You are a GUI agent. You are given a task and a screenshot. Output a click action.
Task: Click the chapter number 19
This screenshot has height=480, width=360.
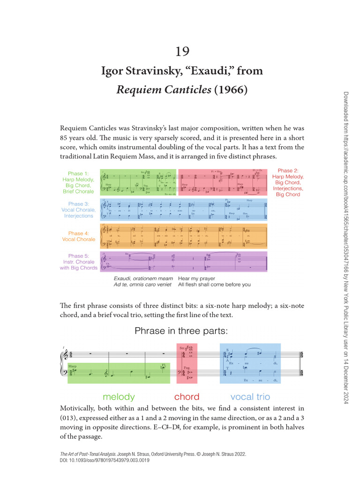pyautogui.click(x=182, y=51)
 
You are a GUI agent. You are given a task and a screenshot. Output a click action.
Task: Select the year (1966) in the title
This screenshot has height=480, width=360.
pyautogui.click(x=231, y=90)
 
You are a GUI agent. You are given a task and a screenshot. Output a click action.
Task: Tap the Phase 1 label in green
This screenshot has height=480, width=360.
pyautogui.click(x=78, y=182)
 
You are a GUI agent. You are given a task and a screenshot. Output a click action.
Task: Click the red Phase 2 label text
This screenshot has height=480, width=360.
pyautogui.click(x=288, y=182)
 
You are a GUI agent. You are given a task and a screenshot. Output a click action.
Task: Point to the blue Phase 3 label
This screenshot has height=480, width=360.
pyautogui.click(x=78, y=210)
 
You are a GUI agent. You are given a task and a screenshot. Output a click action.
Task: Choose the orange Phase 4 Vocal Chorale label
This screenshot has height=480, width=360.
pyautogui.click(x=78, y=236)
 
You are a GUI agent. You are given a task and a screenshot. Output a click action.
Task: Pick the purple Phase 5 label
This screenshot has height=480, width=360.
pyautogui.click(x=78, y=262)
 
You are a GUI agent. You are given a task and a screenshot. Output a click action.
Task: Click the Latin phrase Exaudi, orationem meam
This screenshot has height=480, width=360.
pyautogui.click(x=143, y=278)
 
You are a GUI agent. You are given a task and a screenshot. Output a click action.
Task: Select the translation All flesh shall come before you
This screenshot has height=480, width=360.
pyautogui.click(x=214, y=285)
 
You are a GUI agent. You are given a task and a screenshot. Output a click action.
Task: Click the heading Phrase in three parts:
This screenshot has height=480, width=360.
pyautogui.click(x=181, y=331)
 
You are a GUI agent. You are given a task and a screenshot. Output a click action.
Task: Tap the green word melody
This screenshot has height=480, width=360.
pyautogui.click(x=119, y=397)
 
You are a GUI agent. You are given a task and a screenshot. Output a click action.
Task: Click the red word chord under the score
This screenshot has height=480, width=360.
pyautogui.click(x=187, y=397)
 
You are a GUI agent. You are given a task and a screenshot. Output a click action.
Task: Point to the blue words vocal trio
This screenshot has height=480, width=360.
pyautogui.click(x=250, y=397)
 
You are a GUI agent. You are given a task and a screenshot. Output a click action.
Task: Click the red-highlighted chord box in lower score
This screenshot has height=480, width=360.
pyautogui.click(x=187, y=363)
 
